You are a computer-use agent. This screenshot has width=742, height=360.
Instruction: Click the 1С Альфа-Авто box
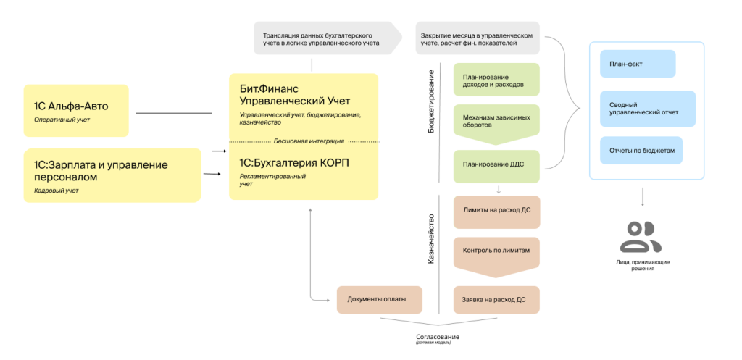(75, 111)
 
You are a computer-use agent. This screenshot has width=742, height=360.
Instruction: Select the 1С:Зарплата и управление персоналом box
(112, 175)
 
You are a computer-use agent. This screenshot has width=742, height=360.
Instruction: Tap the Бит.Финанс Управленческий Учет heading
(289, 94)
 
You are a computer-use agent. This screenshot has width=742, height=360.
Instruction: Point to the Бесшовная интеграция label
(304, 141)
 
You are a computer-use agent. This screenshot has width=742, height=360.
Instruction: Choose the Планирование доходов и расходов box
(496, 80)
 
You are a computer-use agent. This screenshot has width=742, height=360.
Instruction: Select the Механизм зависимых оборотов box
(496, 120)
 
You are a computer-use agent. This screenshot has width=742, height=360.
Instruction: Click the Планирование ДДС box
(496, 165)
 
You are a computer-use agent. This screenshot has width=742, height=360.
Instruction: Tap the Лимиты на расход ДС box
(496, 210)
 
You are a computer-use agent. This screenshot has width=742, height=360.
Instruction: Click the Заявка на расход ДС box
(496, 299)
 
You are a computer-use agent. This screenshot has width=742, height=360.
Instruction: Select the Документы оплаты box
(380, 299)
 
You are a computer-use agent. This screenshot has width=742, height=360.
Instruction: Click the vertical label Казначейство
(432, 238)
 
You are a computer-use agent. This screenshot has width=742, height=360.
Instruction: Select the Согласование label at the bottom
(437, 338)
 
